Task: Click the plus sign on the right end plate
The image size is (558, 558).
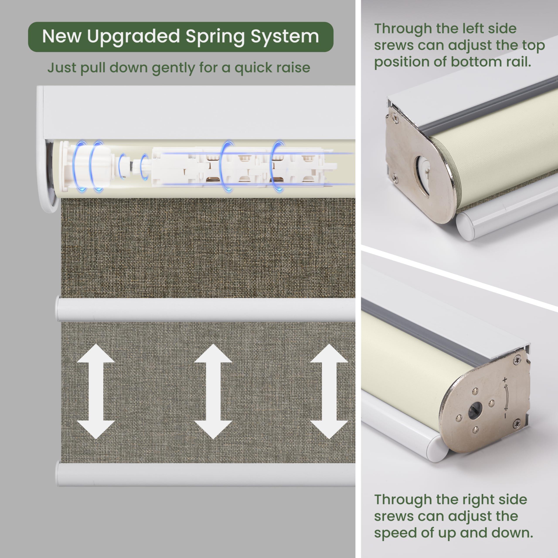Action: [505, 379]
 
